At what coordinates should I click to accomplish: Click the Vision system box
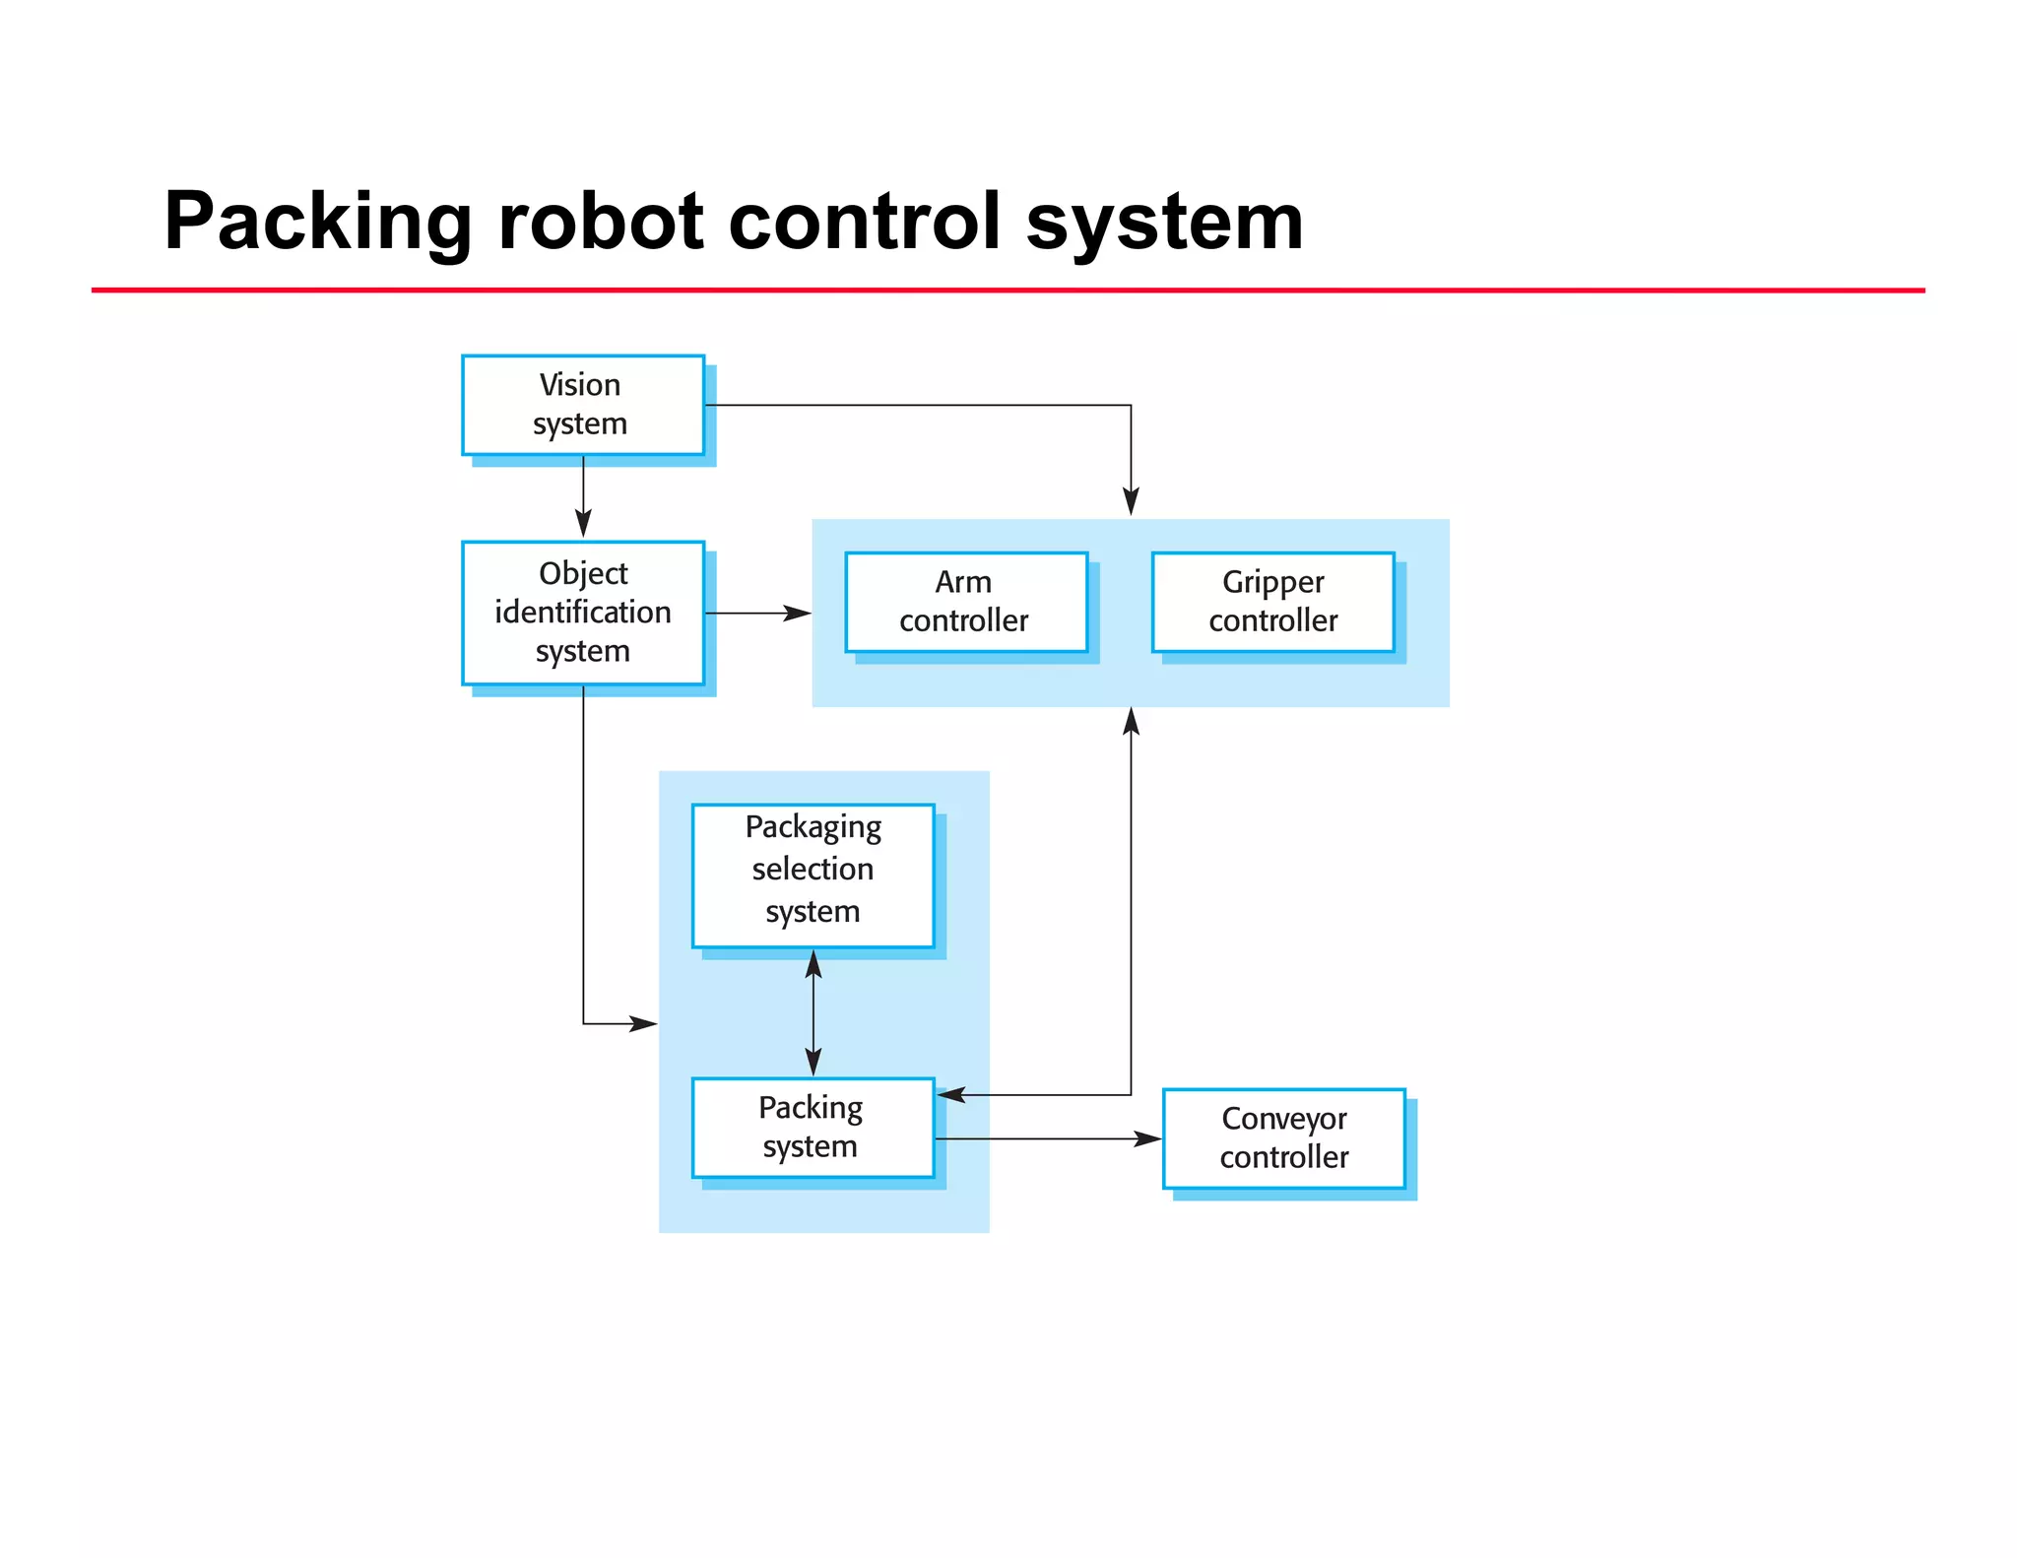coord(582,405)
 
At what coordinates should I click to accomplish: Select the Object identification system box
coord(582,613)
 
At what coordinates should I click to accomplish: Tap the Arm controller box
coord(965,602)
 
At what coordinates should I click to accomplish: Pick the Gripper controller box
coord(1272,602)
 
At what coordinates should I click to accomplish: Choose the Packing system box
coord(813,1128)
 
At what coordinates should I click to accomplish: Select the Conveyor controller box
coord(1283,1138)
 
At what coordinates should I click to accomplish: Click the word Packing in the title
coord(317,222)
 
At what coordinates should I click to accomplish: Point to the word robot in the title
coord(601,222)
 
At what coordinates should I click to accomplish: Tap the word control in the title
coord(865,222)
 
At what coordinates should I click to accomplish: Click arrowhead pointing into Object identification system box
coord(583,525)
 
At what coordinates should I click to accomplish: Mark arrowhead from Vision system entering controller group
coord(1131,502)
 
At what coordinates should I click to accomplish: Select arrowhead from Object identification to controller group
coord(799,614)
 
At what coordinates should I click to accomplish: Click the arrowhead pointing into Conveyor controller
coord(1148,1139)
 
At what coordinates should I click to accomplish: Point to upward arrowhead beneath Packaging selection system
coord(813,963)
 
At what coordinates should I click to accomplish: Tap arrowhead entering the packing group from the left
coord(644,1024)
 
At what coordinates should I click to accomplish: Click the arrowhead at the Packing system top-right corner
coord(950,1095)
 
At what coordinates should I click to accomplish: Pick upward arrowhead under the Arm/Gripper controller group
coord(1131,721)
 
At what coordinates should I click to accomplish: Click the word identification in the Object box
coord(582,613)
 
